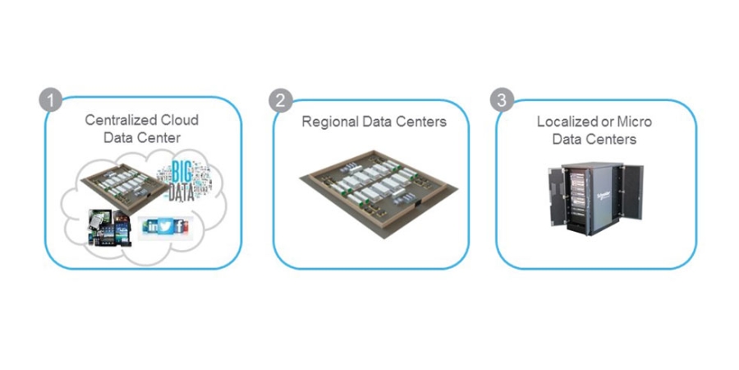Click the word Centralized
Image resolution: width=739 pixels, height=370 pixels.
click(x=120, y=120)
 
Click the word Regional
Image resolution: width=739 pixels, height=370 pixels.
click(x=328, y=122)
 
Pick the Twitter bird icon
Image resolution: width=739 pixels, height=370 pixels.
click(x=163, y=226)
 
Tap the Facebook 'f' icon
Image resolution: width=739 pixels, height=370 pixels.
click(x=178, y=226)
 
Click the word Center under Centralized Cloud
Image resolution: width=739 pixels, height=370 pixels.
click(x=160, y=137)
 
